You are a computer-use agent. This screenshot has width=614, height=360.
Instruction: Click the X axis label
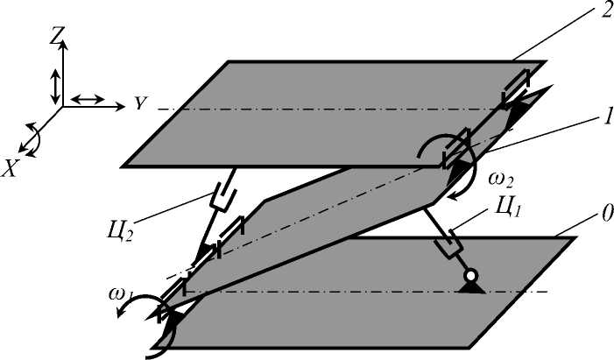coord(11,169)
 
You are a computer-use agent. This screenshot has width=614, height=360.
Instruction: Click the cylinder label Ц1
coord(509,210)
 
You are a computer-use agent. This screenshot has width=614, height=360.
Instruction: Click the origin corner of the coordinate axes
coord(62,106)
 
